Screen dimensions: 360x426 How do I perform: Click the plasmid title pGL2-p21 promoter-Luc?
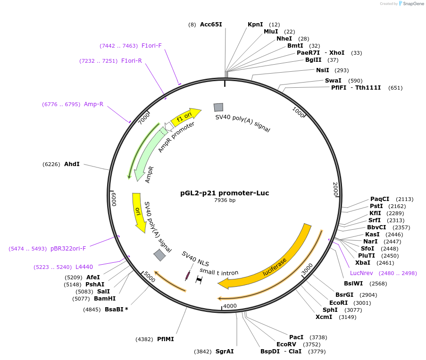(225, 193)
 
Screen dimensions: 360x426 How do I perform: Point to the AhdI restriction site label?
(72, 164)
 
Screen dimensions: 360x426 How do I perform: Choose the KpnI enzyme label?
(255, 25)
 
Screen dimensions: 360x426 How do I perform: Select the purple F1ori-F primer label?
(151, 46)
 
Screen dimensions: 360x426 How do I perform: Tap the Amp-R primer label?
(93, 104)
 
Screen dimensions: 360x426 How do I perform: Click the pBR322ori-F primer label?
(68, 248)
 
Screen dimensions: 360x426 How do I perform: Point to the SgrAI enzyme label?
(225, 352)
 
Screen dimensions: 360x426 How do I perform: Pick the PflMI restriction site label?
(166, 339)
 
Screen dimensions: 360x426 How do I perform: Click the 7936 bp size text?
(225, 201)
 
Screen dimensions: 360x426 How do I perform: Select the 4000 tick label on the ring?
(230, 306)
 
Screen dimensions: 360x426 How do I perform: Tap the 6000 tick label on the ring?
(114, 199)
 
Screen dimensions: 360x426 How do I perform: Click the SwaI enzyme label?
(333, 81)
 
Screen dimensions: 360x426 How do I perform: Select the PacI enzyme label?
(296, 337)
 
